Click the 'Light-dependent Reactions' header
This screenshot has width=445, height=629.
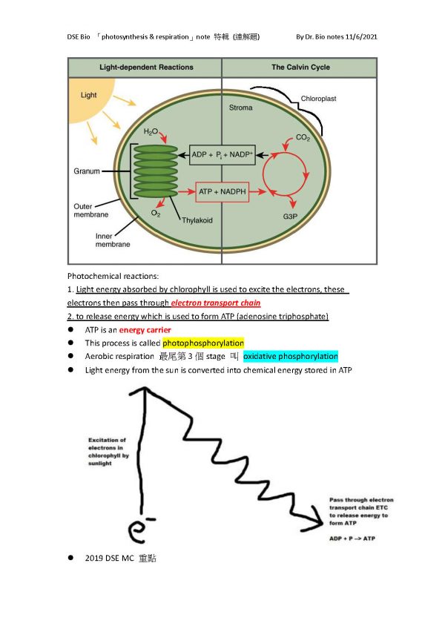(x=146, y=67)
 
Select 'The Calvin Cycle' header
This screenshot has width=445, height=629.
(x=300, y=67)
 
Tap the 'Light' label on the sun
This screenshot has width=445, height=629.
(x=89, y=95)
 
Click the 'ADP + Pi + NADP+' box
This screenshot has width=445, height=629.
(x=222, y=155)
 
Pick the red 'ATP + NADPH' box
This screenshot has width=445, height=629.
(x=222, y=192)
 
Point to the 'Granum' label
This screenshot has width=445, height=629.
(x=87, y=171)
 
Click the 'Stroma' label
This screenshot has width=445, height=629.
(x=241, y=108)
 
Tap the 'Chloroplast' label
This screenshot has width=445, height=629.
(x=319, y=99)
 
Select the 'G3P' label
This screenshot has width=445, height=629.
(x=290, y=217)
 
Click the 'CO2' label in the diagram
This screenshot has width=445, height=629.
(x=303, y=138)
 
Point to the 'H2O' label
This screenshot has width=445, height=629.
(x=151, y=131)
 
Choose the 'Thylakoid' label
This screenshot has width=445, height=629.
(x=197, y=220)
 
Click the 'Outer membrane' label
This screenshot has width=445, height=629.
(x=90, y=211)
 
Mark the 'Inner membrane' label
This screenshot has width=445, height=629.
(x=112, y=240)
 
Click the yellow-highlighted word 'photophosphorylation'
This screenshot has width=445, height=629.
(x=203, y=343)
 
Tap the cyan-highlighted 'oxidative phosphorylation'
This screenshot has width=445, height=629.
(x=291, y=356)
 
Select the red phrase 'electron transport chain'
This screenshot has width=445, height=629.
(x=216, y=303)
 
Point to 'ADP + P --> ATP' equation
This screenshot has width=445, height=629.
(x=352, y=539)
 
